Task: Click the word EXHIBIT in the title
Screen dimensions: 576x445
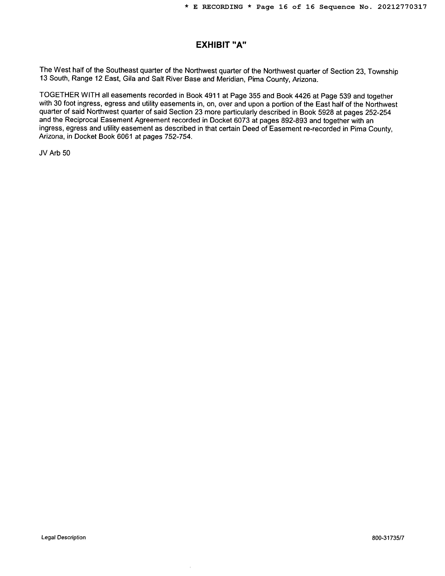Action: pos(213,45)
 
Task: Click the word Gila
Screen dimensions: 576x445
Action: pos(129,79)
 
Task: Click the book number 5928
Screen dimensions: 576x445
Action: pos(326,112)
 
